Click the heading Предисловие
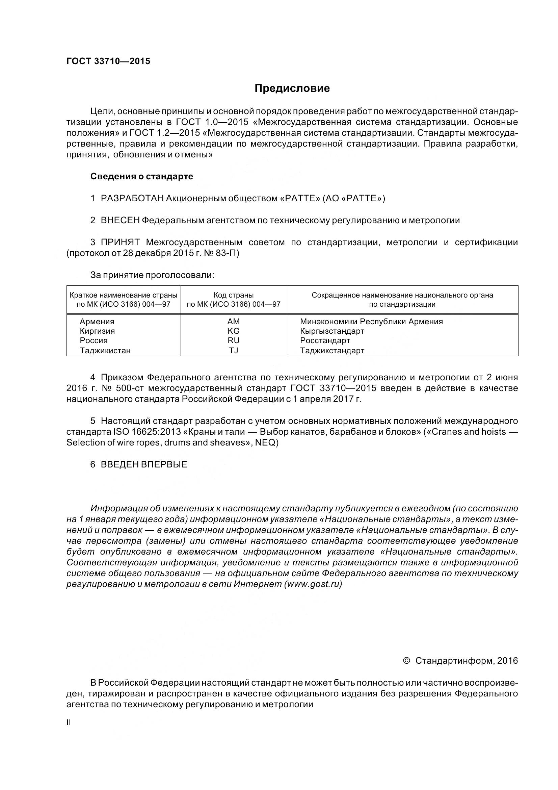tap(292, 88)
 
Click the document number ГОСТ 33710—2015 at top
tap(108, 61)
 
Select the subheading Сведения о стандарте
tap(142, 177)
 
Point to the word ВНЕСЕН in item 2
tap(120, 221)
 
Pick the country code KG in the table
tap(234, 331)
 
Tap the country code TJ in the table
tap(234, 351)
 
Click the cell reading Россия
tap(94, 341)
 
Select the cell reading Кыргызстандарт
tap(332, 331)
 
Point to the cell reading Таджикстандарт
tap(332, 351)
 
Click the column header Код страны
tap(234, 295)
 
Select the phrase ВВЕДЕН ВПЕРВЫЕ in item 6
tap(144, 464)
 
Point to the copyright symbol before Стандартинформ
tap(406, 661)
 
